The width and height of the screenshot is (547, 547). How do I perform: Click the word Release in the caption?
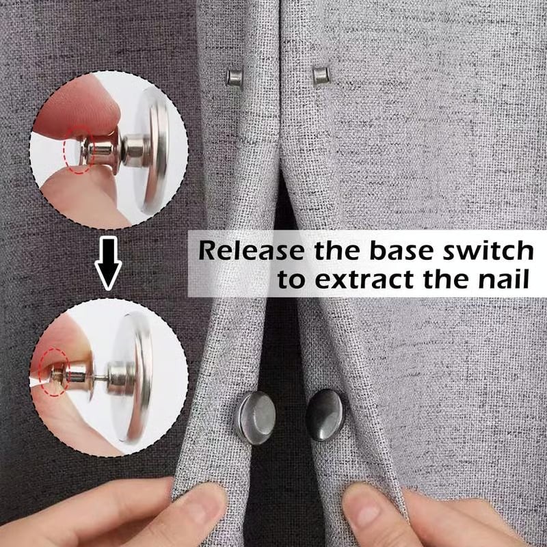[x=252, y=250]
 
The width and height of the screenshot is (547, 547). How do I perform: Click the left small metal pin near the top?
[x=235, y=78]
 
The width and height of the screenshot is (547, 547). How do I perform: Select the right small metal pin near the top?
[x=321, y=75]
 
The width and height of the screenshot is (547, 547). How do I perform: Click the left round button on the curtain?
[x=255, y=416]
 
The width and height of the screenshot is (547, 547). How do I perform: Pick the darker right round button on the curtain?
[x=325, y=414]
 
